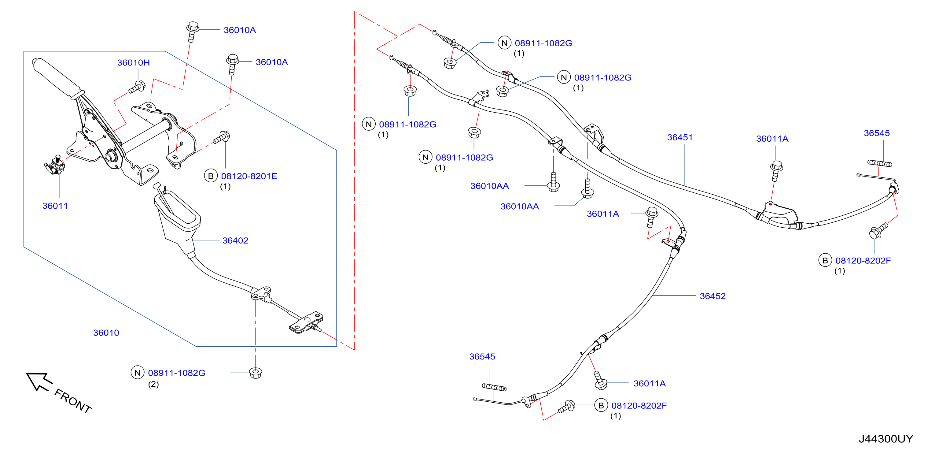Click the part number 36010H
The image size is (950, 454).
tap(134, 63)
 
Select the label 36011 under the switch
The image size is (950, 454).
tap(55, 206)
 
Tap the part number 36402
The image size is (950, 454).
tap(235, 241)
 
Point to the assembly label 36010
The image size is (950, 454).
tap(106, 333)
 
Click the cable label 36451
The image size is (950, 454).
tap(680, 138)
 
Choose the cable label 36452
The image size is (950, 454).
tap(713, 296)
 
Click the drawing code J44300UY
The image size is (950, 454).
tap(886, 439)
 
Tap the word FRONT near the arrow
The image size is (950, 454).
tap(73, 401)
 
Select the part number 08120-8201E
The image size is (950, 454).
tap(249, 177)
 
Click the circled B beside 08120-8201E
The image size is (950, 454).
tap(211, 176)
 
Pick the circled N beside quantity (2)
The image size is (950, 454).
tap(138, 373)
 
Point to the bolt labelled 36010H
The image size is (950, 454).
tap(137, 87)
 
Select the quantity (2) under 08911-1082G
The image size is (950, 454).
tap(153, 384)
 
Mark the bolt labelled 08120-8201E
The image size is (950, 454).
tap(222, 137)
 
